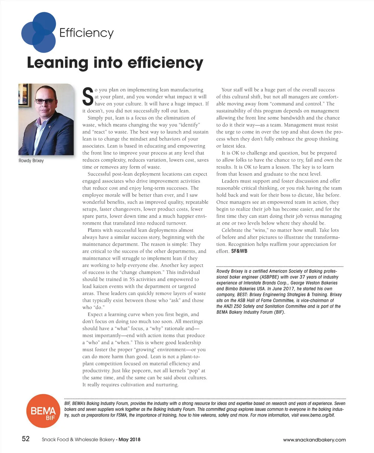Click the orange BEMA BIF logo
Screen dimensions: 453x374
[43, 411]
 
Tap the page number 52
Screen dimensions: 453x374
[26, 439]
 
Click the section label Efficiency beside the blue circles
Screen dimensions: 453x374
[86, 33]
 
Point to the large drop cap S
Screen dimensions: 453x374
[88, 96]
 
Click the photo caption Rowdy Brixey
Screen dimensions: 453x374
[31, 161]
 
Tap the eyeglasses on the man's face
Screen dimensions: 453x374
[45, 101]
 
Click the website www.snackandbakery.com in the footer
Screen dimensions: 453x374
[314, 440]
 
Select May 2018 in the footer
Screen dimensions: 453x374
[129, 440]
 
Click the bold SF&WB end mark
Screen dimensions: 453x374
[239, 251]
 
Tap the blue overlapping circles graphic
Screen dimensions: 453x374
[38, 32]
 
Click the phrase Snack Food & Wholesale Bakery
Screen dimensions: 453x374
[78, 440]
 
